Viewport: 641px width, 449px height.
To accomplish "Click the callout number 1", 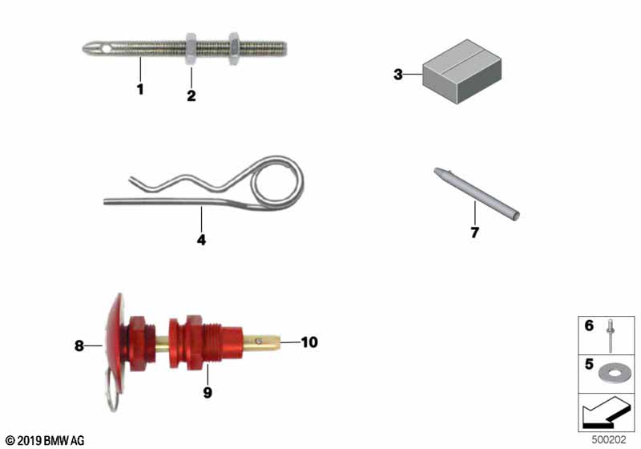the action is click(x=140, y=89).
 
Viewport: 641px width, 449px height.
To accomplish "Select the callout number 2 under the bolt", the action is click(x=191, y=95).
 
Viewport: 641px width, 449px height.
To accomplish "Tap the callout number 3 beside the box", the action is click(x=398, y=75).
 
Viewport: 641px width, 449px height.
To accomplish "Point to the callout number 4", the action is click(x=202, y=240).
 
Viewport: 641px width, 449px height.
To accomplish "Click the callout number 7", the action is click(x=474, y=233).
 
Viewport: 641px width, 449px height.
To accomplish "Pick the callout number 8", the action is click(x=79, y=346).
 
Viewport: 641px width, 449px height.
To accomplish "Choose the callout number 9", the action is click(x=208, y=393).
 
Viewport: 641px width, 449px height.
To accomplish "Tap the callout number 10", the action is click(x=309, y=342).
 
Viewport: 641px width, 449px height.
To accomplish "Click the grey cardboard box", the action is click(x=462, y=71).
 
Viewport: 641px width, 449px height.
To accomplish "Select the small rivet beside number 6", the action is click(x=611, y=335).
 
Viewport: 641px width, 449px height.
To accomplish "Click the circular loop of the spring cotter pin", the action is click(x=302, y=180).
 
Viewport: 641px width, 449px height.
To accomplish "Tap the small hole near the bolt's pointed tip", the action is click(x=107, y=49).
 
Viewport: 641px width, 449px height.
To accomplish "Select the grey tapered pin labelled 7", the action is click(x=477, y=194).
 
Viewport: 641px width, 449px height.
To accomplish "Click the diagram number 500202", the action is click(x=609, y=439).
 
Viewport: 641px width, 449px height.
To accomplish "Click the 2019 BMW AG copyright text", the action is click(x=45, y=441).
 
